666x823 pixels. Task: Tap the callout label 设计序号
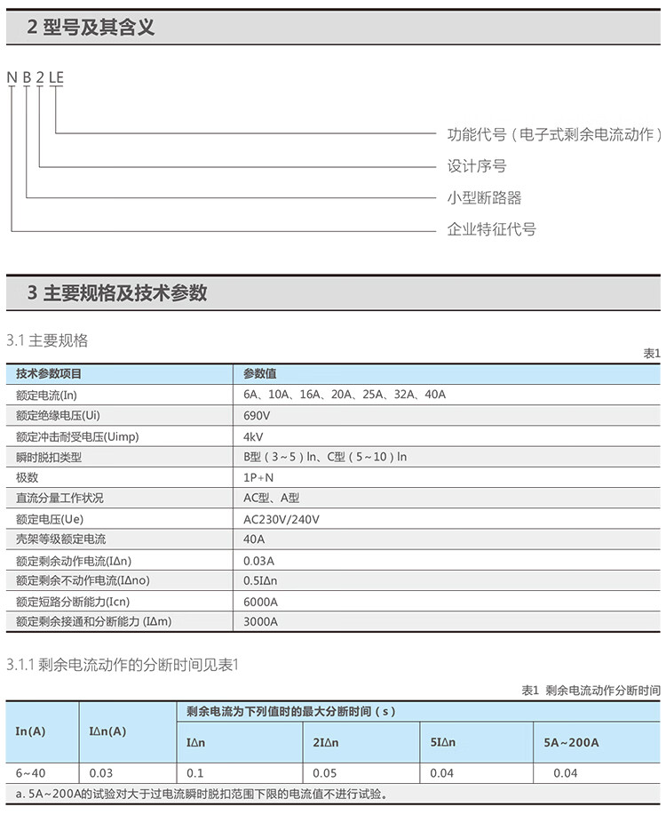click(477, 166)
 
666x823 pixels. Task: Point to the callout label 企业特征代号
click(491, 229)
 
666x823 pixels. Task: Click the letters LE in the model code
click(56, 76)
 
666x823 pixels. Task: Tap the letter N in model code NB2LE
click(12, 76)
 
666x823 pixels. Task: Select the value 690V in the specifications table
click(257, 415)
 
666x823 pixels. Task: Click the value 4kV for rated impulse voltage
click(253, 436)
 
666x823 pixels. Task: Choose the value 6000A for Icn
click(260, 602)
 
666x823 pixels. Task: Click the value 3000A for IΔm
click(260, 622)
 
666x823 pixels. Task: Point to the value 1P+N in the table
click(258, 477)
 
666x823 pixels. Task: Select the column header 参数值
click(259, 374)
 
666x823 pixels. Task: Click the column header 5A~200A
click(571, 742)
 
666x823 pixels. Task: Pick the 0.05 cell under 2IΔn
click(325, 773)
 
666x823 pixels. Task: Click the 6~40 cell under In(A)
click(31, 773)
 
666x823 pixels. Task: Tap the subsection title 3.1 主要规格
click(47, 340)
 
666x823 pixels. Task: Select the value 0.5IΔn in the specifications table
click(260, 581)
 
